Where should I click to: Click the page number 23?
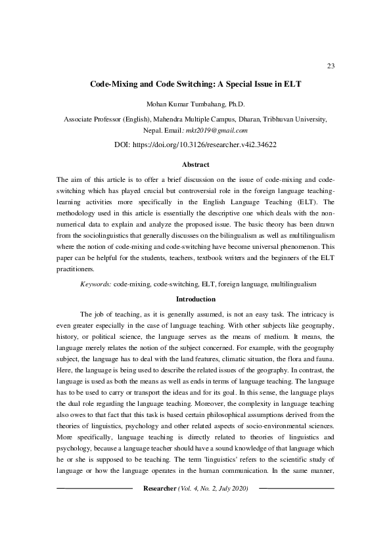pos(331,66)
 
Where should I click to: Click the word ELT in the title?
pos(291,85)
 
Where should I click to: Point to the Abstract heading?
pos(195,164)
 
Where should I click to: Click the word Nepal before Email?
pos(161,131)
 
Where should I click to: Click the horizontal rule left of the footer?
pos(95,508)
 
